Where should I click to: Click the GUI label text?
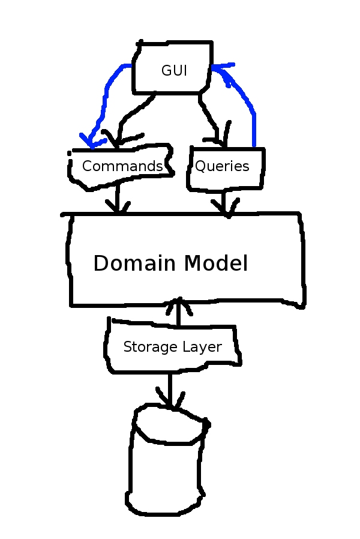pyautogui.click(x=174, y=70)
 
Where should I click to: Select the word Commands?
pyautogui.click(x=122, y=166)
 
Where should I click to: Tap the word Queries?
pyautogui.click(x=222, y=166)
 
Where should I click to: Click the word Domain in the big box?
pyautogui.click(x=136, y=263)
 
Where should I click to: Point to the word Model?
pyautogui.click(x=216, y=263)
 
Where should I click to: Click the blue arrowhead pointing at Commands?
pyautogui.click(x=90, y=143)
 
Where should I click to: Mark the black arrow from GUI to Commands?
pyautogui.click(x=129, y=120)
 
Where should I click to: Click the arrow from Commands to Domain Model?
pyautogui.click(x=118, y=198)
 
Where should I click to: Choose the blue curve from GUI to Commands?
pyautogui.click(x=107, y=96)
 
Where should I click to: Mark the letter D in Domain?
pyautogui.click(x=101, y=263)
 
